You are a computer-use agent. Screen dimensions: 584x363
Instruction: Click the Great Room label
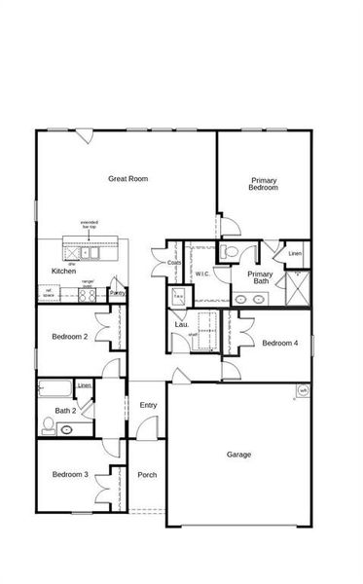click(x=127, y=178)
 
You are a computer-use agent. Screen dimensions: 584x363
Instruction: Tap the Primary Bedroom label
click(x=264, y=184)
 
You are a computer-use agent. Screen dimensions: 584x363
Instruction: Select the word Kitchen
click(x=64, y=271)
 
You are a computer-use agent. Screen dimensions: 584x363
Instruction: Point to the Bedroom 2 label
click(x=70, y=337)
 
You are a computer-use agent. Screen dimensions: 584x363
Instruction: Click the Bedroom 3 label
click(x=70, y=474)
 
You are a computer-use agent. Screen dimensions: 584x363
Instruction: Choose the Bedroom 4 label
click(x=280, y=343)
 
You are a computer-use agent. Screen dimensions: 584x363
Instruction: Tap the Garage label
click(x=238, y=455)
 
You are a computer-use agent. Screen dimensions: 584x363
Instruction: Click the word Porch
click(x=147, y=475)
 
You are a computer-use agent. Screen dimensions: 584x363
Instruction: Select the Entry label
click(x=148, y=405)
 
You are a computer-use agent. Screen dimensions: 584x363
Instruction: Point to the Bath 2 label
click(x=66, y=411)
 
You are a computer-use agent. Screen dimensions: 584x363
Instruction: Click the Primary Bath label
click(x=259, y=278)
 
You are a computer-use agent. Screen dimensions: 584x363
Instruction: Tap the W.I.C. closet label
click(x=202, y=274)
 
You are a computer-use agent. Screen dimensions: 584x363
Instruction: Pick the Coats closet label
click(x=174, y=262)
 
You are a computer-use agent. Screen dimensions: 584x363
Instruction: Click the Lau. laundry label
click(x=181, y=324)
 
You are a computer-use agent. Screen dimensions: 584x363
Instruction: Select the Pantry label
click(x=117, y=291)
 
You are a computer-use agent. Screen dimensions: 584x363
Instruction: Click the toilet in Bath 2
click(x=50, y=425)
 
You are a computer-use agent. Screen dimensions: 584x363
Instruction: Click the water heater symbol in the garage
click(x=303, y=391)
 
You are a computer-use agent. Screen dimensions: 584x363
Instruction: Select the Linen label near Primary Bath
click(x=294, y=255)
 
